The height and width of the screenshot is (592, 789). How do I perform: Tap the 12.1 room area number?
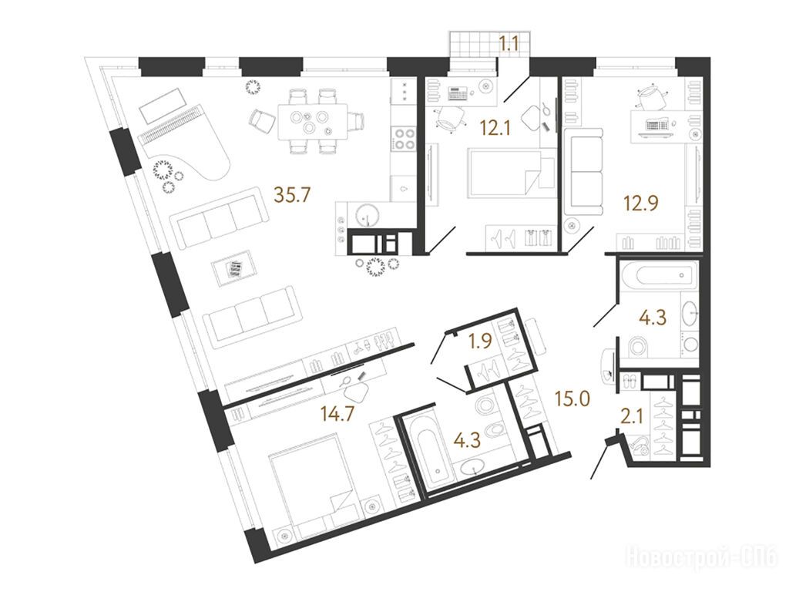(x=495, y=129)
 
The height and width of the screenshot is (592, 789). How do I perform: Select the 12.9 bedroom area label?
(x=641, y=203)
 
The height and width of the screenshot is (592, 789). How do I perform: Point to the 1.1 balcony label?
(x=509, y=45)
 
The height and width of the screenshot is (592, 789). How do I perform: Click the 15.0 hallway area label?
(x=572, y=399)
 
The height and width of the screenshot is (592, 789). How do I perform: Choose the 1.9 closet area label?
(x=479, y=342)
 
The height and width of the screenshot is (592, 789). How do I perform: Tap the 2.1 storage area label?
(x=631, y=416)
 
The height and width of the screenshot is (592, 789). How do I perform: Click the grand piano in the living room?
(x=183, y=146)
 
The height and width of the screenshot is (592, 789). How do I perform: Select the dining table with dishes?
(x=313, y=122)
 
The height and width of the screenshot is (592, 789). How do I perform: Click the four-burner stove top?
(x=404, y=139)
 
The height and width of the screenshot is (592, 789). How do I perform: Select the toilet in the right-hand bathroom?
(x=637, y=348)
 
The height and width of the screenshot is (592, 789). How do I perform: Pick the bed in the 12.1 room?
(x=511, y=172)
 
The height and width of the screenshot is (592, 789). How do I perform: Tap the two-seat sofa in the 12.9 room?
(x=583, y=172)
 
